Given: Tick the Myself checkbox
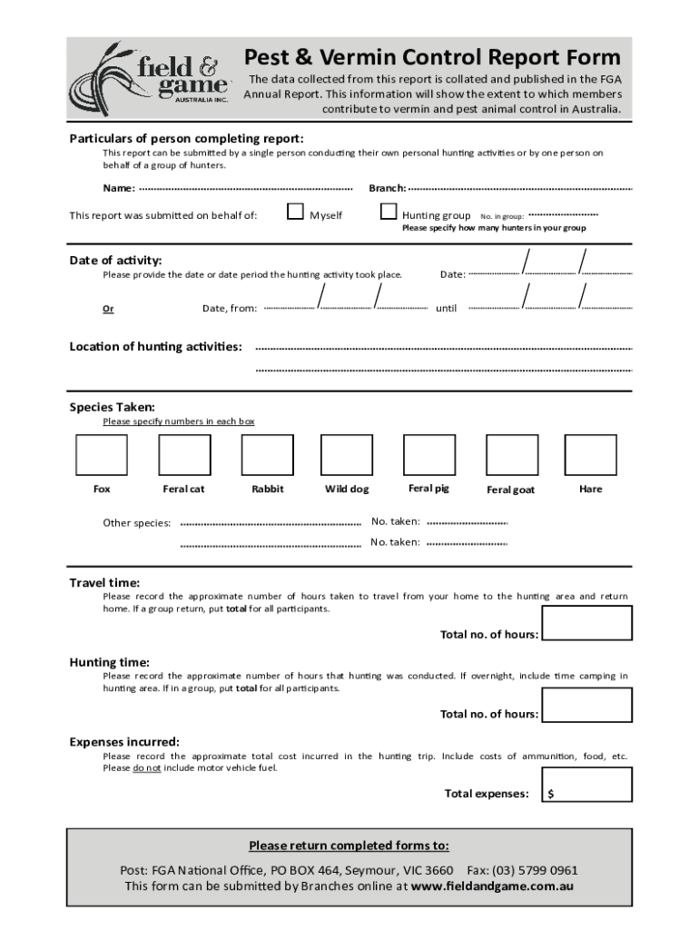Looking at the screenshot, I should pos(295,213).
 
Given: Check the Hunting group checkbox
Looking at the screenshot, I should pos(389,213).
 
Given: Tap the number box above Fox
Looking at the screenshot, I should pos(102,454).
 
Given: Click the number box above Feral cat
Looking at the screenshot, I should pos(184,454).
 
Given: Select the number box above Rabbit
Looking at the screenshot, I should pos(267,454).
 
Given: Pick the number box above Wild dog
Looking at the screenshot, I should pos(347,454).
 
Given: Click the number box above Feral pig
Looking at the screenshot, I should pos(428,454).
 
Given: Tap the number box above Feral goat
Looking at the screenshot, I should pos(511,454).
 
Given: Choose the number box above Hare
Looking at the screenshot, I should pos(590,454).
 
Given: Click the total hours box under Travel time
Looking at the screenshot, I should pos(586,624).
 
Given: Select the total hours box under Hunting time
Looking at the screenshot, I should pos(586,705).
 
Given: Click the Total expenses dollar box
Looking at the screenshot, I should pos(586,785).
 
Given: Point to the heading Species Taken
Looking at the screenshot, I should pos(113,408).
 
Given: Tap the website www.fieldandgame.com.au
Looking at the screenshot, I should pos(492,886).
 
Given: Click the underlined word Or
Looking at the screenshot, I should pos(108,309).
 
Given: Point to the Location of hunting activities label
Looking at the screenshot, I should pos(156,347).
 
